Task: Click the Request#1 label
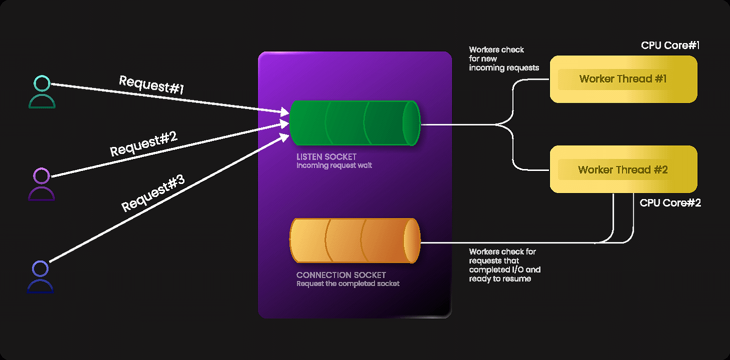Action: (152, 85)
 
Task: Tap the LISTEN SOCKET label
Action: (326, 157)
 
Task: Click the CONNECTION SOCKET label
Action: (341, 275)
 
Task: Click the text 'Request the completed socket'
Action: (348, 283)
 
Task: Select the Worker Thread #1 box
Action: (623, 79)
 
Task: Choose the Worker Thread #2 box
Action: (623, 169)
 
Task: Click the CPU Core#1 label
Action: (670, 46)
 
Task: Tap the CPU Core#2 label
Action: (670, 203)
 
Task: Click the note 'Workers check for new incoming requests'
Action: (503, 59)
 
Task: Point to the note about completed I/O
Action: (504, 265)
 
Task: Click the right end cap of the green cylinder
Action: (411, 123)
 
